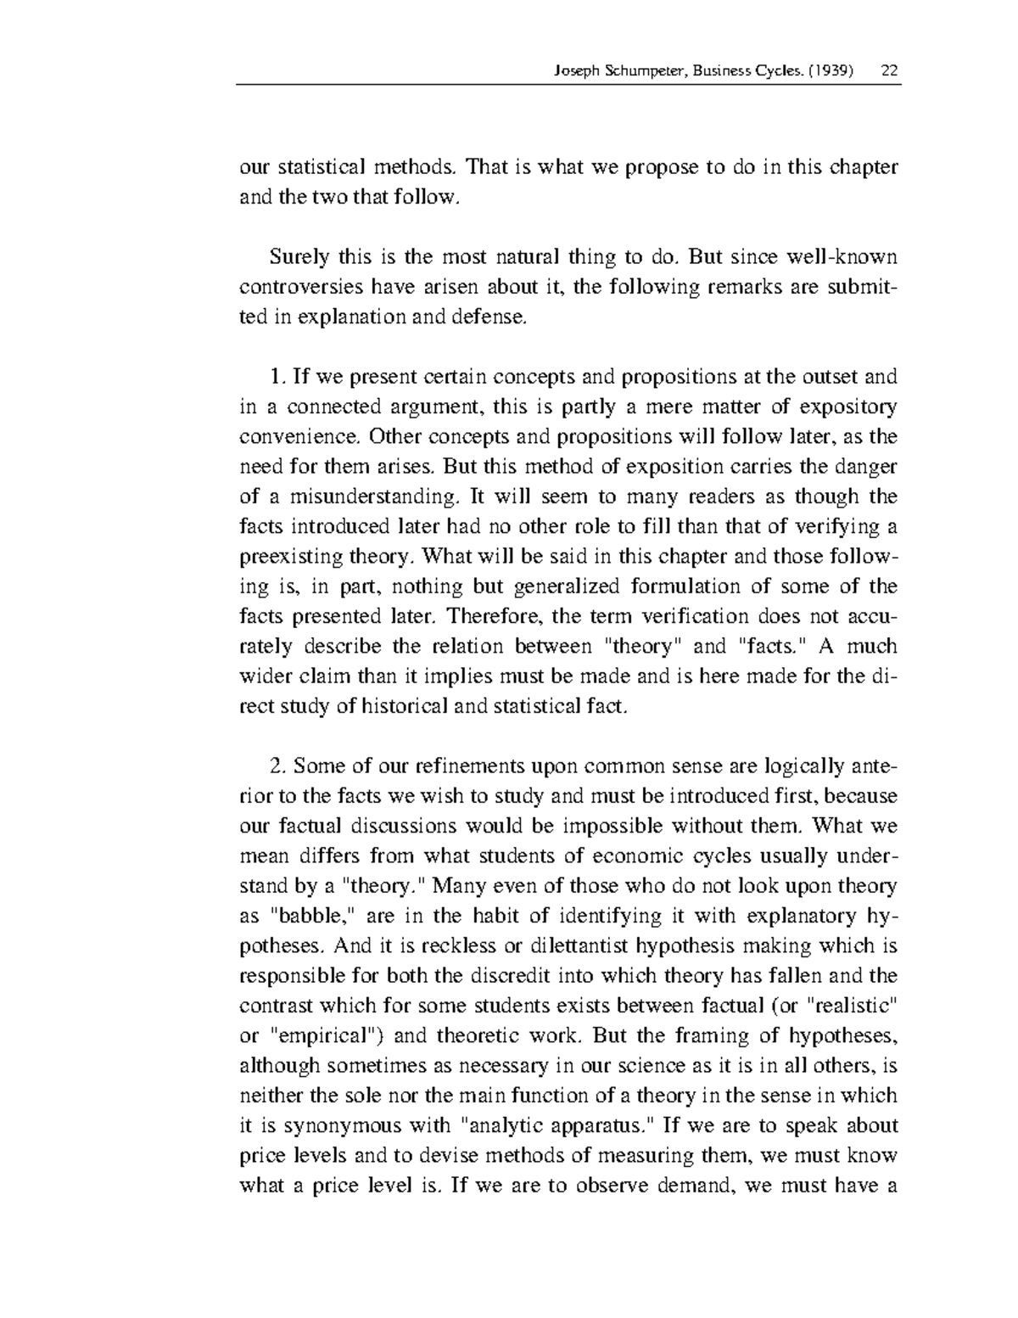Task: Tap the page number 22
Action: (890, 71)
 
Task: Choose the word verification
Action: (695, 615)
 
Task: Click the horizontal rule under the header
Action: (568, 85)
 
